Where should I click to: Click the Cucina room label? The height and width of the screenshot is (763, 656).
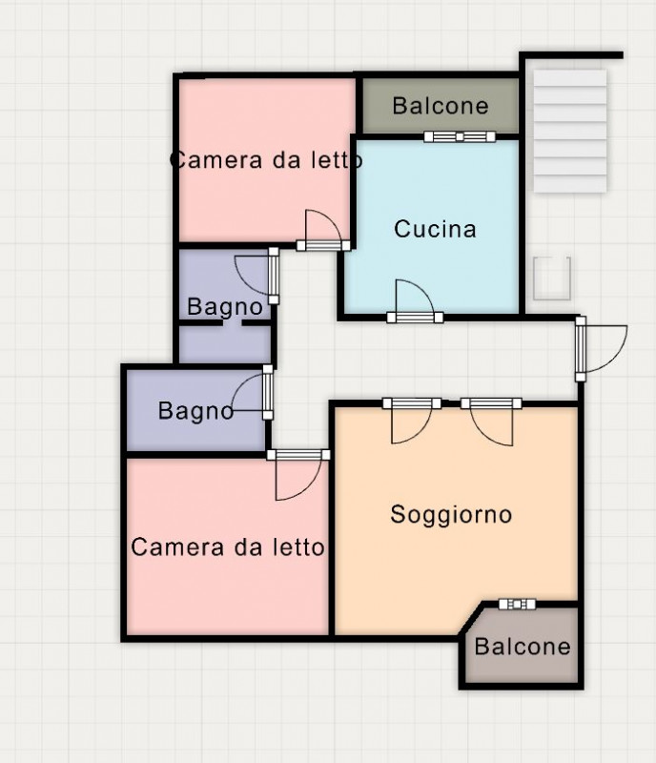[x=435, y=229]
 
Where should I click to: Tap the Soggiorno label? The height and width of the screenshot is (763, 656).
[x=451, y=515]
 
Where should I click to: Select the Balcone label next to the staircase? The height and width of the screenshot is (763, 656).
[x=441, y=106]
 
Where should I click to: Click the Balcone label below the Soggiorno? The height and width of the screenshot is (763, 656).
[x=523, y=647]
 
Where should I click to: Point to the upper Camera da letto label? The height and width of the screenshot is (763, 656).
[x=266, y=159]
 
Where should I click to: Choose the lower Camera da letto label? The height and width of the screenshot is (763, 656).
[x=227, y=547]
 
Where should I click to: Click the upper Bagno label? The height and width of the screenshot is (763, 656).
[x=225, y=307]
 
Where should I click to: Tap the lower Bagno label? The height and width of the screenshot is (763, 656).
[x=196, y=411]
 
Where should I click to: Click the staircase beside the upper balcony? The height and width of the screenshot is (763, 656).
[x=570, y=131]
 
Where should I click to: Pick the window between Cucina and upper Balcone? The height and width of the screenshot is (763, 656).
[x=460, y=136]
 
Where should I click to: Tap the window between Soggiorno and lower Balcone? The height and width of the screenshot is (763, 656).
[x=518, y=605]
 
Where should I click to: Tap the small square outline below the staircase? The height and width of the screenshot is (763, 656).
[x=552, y=278]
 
